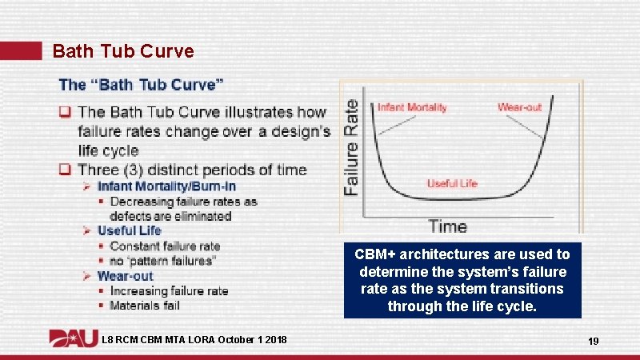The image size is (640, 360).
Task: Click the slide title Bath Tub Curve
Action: pyautogui.click(x=122, y=51)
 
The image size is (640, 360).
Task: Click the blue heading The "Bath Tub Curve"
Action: pyautogui.click(x=141, y=85)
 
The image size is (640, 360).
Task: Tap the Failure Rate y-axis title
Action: pyautogui.click(x=351, y=146)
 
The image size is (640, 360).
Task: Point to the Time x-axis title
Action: pyautogui.click(x=447, y=226)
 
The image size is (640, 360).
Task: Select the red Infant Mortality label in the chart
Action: pyautogui.click(x=412, y=107)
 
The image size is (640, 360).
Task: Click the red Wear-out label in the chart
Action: pyautogui.click(x=520, y=107)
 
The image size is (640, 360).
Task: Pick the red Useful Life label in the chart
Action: pyautogui.click(x=452, y=183)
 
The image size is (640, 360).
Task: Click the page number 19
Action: pyautogui.click(x=594, y=342)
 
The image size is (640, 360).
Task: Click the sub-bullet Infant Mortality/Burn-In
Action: pyautogui.click(x=166, y=186)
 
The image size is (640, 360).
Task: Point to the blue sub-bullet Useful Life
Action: pyautogui.click(x=129, y=230)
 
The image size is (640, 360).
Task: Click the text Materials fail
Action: pyautogui.click(x=145, y=306)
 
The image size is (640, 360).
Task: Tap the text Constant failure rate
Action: pyautogui.click(x=165, y=246)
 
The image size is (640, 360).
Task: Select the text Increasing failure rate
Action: pyautogui.click(x=169, y=291)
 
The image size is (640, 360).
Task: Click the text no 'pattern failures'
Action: pyautogui.click(x=163, y=261)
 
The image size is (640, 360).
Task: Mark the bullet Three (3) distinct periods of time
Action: pyautogui.click(x=192, y=170)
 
